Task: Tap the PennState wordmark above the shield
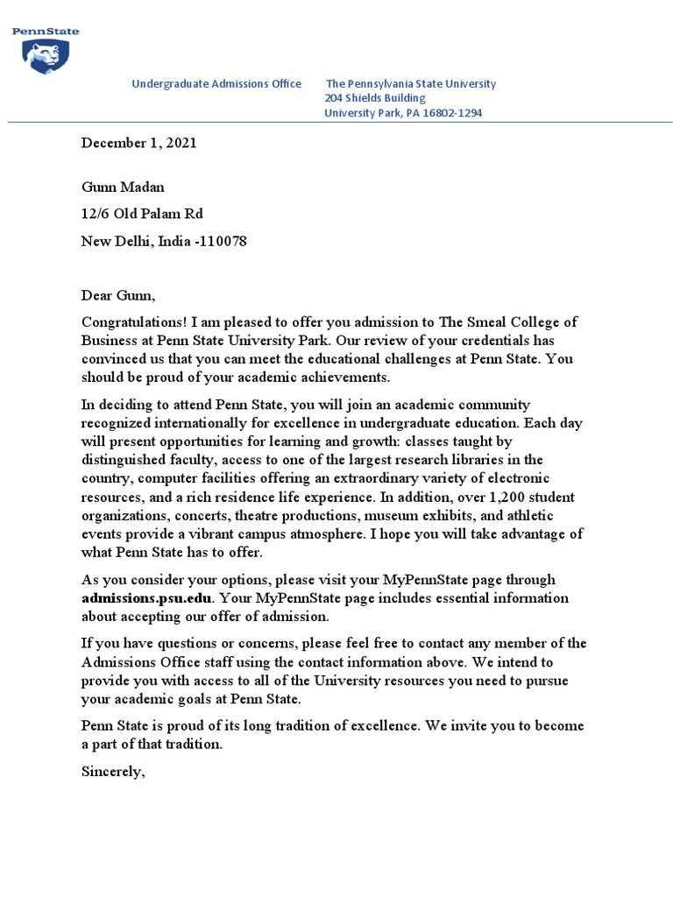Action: (45, 32)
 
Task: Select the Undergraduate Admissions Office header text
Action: (216, 84)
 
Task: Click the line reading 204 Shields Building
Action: (375, 98)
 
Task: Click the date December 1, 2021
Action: (138, 143)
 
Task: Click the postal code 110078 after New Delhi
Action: (231, 240)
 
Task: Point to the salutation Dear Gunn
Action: (117, 296)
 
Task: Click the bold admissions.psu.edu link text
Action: (146, 597)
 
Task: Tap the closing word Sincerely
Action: (112, 772)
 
